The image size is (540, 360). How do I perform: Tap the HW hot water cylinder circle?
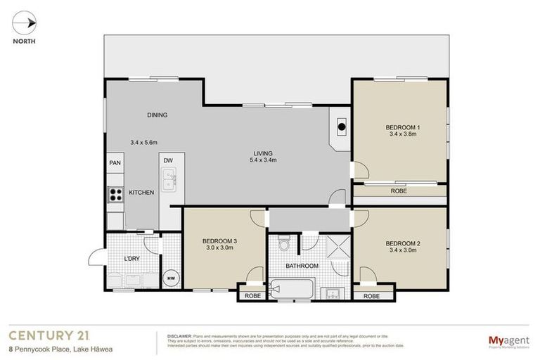coord(170,278)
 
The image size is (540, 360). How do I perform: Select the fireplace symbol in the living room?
coord(342,127)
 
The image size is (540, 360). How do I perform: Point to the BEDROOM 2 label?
coord(403,244)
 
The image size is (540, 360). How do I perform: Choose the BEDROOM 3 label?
coord(220,241)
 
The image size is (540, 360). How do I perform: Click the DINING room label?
coord(157,115)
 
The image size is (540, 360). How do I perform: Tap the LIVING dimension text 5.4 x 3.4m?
coord(263,160)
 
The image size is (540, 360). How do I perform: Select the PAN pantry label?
coord(115,162)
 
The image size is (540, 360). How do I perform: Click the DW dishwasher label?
coord(168,161)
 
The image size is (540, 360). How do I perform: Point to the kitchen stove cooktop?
coord(115,194)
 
